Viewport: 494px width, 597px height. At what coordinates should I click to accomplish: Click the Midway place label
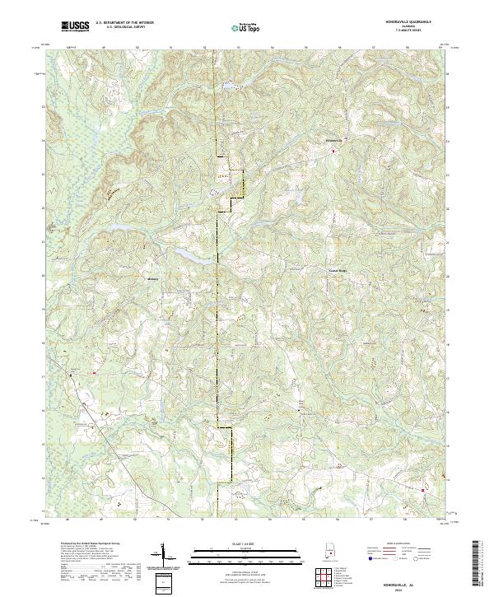(152, 278)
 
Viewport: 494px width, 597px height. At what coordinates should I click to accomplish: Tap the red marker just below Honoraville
(333, 150)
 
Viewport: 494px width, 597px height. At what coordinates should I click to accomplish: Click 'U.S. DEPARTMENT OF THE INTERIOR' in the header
(123, 24)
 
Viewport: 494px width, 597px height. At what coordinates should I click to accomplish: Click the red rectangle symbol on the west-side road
(95, 372)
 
